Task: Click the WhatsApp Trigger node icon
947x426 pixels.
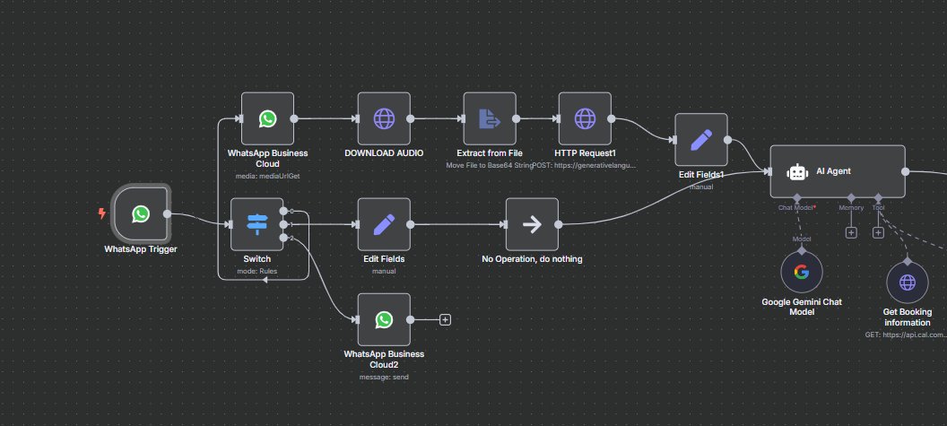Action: coord(141,213)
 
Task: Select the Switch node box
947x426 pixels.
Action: coord(256,224)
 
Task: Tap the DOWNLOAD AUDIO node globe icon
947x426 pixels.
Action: coord(384,118)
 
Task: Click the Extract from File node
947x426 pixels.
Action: coord(490,118)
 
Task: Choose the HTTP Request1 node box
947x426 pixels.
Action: coord(584,118)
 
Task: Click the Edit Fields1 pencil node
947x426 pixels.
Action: coord(701,140)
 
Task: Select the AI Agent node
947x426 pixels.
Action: coord(838,171)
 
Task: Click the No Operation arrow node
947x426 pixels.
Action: coord(532,224)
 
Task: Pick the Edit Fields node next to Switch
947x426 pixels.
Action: coord(384,224)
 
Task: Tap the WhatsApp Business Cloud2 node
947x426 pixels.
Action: coord(384,319)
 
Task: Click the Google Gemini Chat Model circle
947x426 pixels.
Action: coord(801,272)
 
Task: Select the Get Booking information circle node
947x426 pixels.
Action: coord(908,283)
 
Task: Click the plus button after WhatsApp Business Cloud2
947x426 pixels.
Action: coord(445,319)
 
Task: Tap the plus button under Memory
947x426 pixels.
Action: coord(851,232)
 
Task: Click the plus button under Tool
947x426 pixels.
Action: coord(878,232)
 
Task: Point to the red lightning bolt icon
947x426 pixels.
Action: coord(101,213)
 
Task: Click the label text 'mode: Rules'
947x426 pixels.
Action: coord(256,269)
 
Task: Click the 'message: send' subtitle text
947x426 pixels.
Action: coord(384,377)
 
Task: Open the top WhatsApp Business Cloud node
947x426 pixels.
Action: coord(267,118)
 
